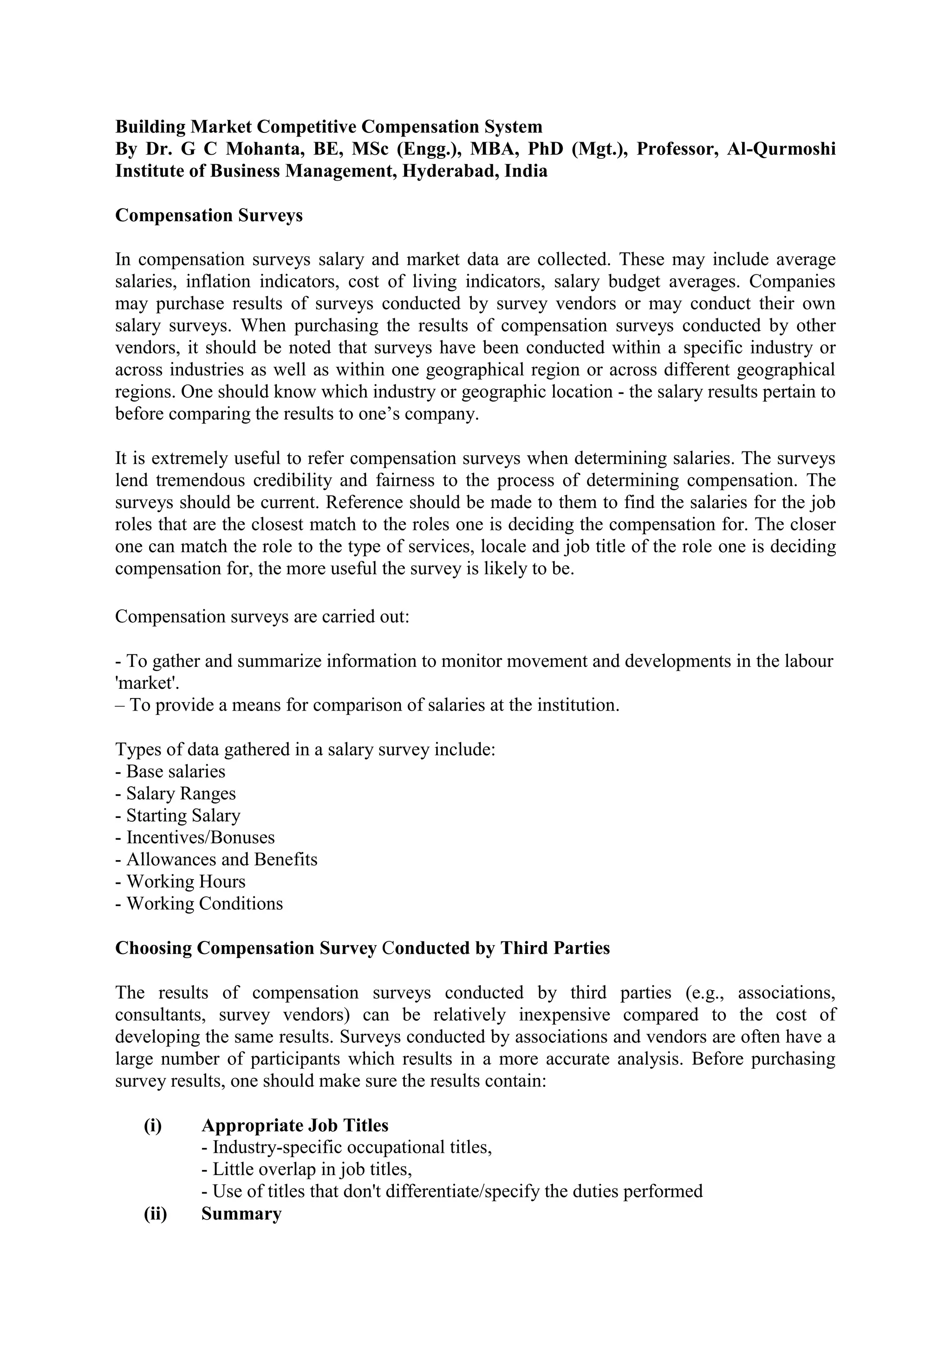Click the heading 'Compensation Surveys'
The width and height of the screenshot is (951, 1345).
pyautogui.click(x=208, y=215)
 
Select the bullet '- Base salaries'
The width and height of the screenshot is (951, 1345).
pyautogui.click(x=170, y=771)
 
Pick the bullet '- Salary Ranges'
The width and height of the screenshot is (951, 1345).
pyautogui.click(x=175, y=794)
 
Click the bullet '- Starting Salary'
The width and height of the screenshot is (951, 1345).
pyautogui.click(x=177, y=816)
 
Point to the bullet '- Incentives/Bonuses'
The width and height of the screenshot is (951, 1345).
pyautogui.click(x=195, y=838)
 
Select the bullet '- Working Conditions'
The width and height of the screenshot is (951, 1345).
pyautogui.click(x=199, y=903)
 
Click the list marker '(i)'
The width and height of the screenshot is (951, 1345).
pyautogui.click(x=153, y=1125)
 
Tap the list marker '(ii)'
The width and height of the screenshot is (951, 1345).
pyautogui.click(x=155, y=1213)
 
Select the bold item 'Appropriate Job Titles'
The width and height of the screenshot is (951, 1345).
pyautogui.click(x=294, y=1125)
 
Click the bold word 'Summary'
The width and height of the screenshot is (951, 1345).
pyautogui.click(x=241, y=1213)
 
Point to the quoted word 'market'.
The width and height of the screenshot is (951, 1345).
pyautogui.click(x=141, y=683)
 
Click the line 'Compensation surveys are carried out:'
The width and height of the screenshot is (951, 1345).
pyautogui.click(x=262, y=617)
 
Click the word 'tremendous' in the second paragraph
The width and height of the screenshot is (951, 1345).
pyautogui.click(x=200, y=480)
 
